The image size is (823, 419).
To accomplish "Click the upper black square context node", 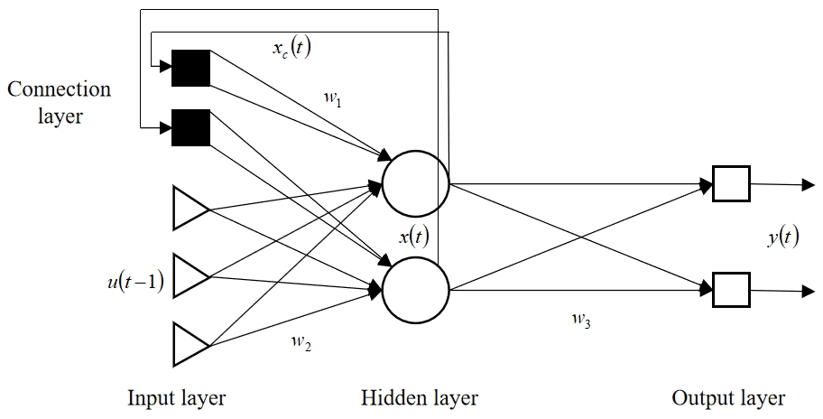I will (x=190, y=69).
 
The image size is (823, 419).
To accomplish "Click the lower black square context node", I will (x=190, y=128).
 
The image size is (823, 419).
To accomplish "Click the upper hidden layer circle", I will (x=415, y=184).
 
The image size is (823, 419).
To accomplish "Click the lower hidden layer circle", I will (x=415, y=291).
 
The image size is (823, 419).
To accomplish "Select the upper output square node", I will (x=731, y=184).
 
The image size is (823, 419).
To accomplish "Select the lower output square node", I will (x=731, y=289).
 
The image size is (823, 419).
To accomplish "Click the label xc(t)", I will (x=291, y=48).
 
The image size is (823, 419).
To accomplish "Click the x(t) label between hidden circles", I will (x=413, y=237).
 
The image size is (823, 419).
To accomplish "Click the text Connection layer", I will (x=59, y=102).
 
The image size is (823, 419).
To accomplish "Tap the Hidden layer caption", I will (x=420, y=397).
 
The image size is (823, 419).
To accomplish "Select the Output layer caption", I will (x=728, y=397).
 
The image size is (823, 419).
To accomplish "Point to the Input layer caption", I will (x=177, y=397).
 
